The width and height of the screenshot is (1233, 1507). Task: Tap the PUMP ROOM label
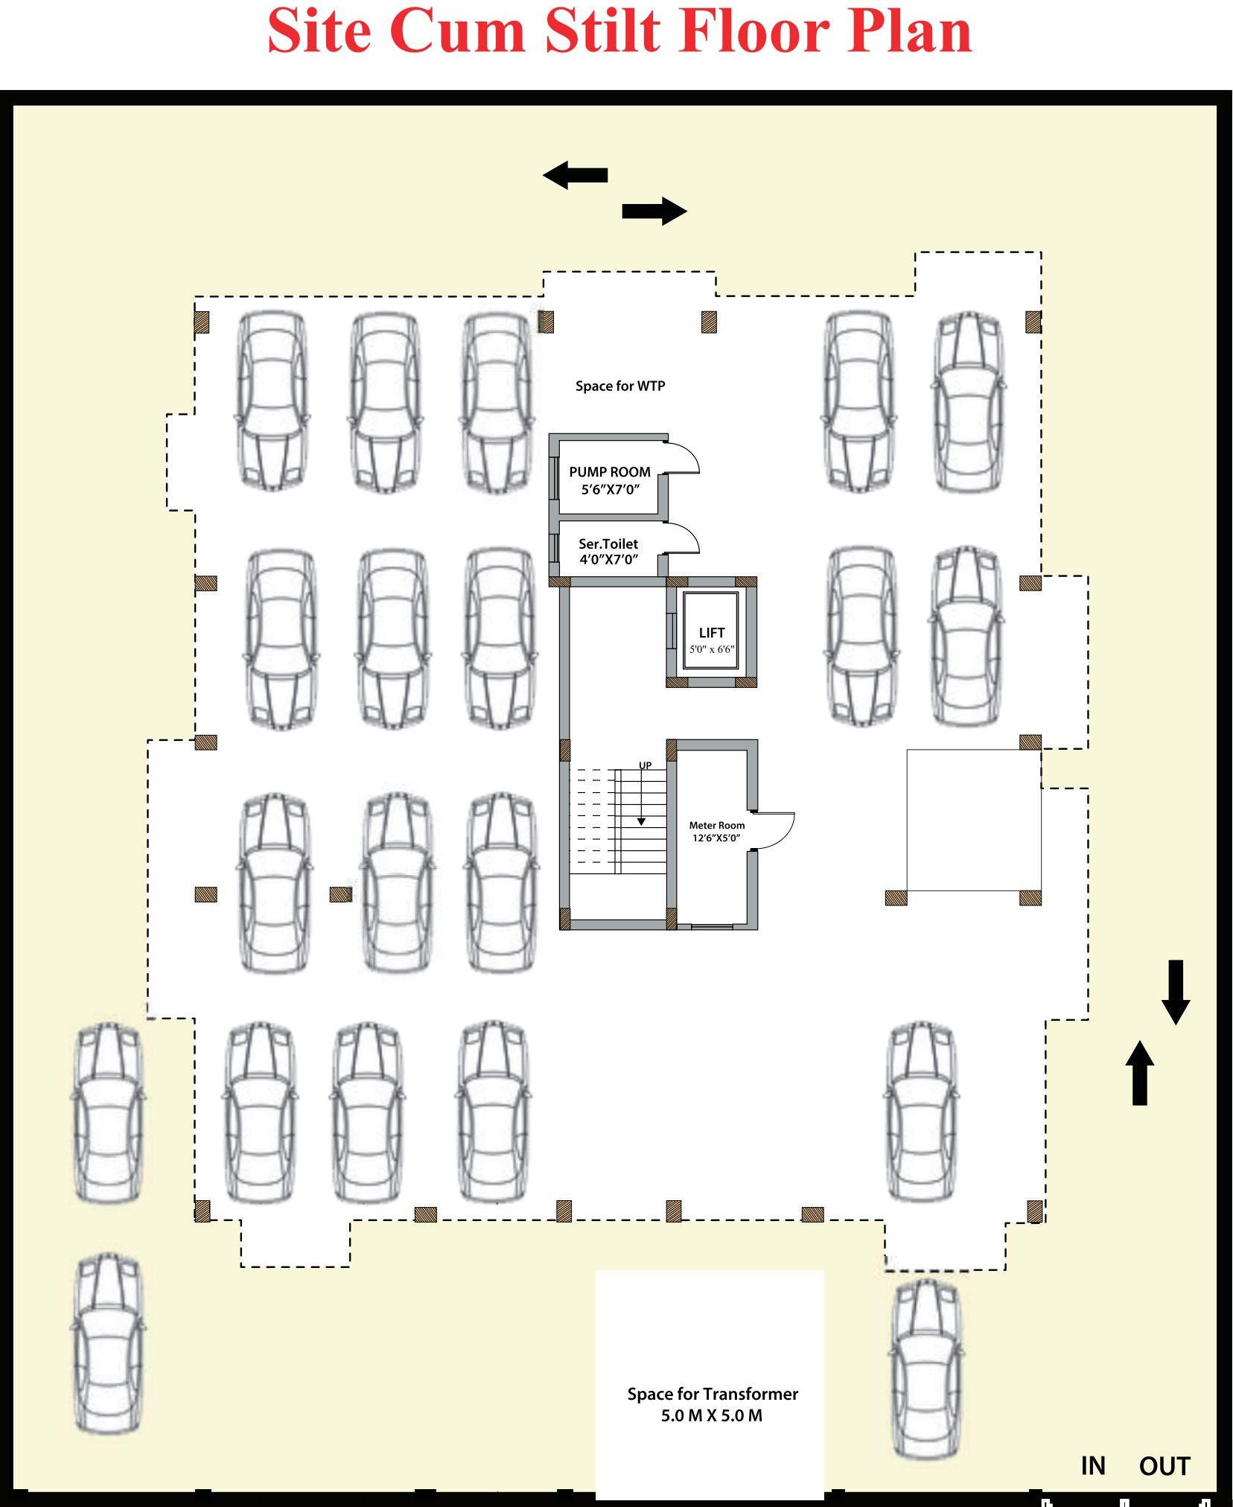(x=609, y=472)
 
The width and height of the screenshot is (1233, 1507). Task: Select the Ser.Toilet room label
(x=608, y=544)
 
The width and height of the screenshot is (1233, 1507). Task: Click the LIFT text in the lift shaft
(x=711, y=633)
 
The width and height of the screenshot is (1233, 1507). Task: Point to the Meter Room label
(x=716, y=825)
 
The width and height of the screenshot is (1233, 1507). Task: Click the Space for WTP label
(x=619, y=386)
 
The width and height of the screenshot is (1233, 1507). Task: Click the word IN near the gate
(x=1092, y=1465)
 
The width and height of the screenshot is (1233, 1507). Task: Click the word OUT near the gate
(x=1164, y=1466)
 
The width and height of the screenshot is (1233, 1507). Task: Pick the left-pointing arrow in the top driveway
(x=575, y=175)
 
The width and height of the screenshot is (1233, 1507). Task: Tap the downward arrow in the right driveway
(x=1176, y=993)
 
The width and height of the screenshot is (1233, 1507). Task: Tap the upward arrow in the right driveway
(x=1139, y=1073)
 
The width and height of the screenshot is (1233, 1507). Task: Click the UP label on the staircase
(x=645, y=765)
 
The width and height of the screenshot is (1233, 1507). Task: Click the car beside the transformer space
(x=925, y=1369)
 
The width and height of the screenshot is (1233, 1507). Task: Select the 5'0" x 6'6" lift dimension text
(x=711, y=649)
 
